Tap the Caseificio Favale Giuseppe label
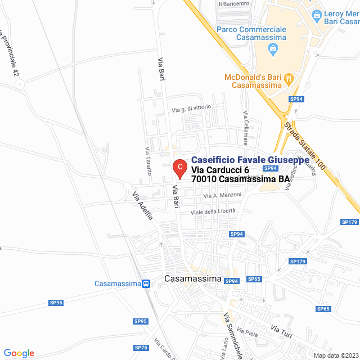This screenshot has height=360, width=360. [x=250, y=160]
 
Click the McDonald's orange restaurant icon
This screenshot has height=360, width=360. [x=287, y=77]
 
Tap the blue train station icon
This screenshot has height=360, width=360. [x=146, y=284]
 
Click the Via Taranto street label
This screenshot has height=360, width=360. [x=148, y=161]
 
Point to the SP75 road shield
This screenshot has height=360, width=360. [x=141, y=347]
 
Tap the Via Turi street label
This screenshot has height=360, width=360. [x=281, y=331]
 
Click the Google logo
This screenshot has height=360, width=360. [x=19, y=353]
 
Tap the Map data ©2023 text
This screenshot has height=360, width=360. [x=335, y=355]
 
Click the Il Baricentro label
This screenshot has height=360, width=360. [x=233, y=3]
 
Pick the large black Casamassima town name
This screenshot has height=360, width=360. [x=193, y=279]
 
